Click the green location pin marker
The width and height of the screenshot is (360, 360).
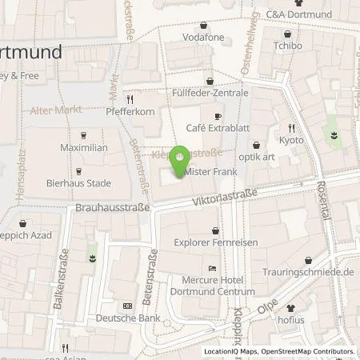(x=180, y=157)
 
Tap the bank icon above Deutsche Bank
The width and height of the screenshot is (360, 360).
(x=127, y=306)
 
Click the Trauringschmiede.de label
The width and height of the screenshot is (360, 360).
(x=313, y=272)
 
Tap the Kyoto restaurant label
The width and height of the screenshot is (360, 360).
(x=292, y=139)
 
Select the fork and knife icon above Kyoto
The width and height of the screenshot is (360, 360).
(x=292, y=126)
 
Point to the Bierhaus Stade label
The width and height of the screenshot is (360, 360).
(x=78, y=182)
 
